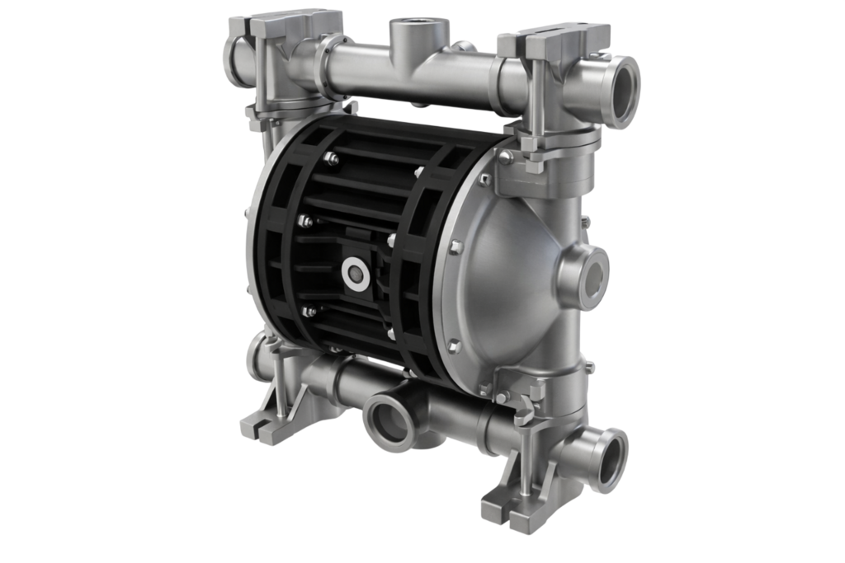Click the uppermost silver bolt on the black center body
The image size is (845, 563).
click(331, 157)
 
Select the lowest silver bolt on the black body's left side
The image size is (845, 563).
click(309, 312)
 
